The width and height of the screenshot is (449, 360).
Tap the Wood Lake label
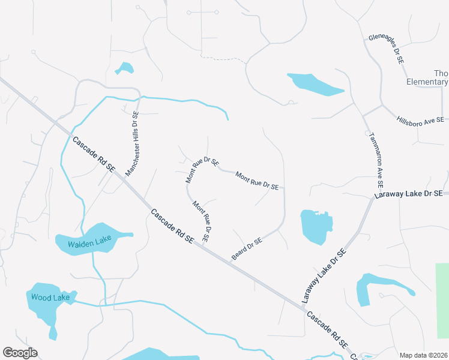click(x=51, y=297)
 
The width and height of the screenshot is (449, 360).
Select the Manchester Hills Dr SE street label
click(x=132, y=143)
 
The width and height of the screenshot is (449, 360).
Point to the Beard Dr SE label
click(x=247, y=250)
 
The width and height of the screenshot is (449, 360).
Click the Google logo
click(x=20, y=353)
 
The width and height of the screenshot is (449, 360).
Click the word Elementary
click(x=427, y=82)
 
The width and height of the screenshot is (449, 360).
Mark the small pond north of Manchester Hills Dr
click(x=125, y=68)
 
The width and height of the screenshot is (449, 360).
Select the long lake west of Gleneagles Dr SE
click(x=315, y=84)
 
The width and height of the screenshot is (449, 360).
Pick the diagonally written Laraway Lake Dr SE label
click(x=325, y=275)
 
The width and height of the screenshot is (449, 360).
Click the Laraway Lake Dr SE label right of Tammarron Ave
click(x=408, y=194)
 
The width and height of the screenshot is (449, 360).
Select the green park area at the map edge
click(x=442, y=294)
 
